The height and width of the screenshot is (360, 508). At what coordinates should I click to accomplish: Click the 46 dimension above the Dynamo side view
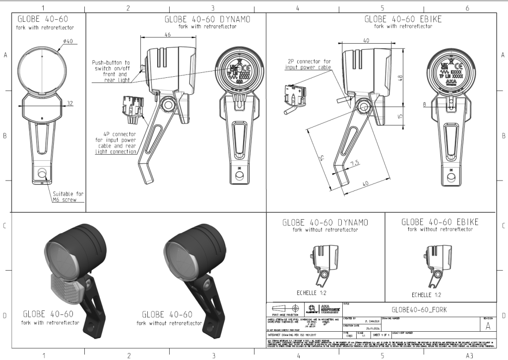pyautogui.click(x=167, y=35)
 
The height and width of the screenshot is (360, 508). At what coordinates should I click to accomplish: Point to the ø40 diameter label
pyautogui.click(x=67, y=41)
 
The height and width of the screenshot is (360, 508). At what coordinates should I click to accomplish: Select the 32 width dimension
pyautogui.click(x=69, y=103)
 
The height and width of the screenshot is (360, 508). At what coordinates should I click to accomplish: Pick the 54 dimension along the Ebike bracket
pyautogui.click(x=321, y=158)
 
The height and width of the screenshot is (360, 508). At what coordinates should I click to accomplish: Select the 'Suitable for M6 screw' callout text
pyautogui.click(x=68, y=197)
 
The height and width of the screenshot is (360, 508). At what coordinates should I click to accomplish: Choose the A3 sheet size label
pyautogui.click(x=468, y=355)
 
